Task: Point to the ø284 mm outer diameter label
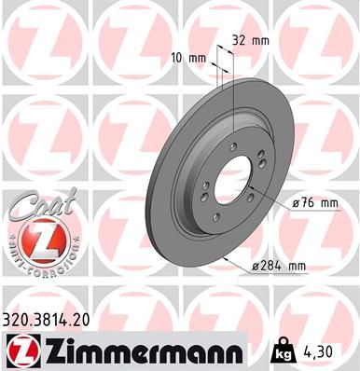click(x=280, y=267)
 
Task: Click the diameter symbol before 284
click(x=255, y=267)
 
